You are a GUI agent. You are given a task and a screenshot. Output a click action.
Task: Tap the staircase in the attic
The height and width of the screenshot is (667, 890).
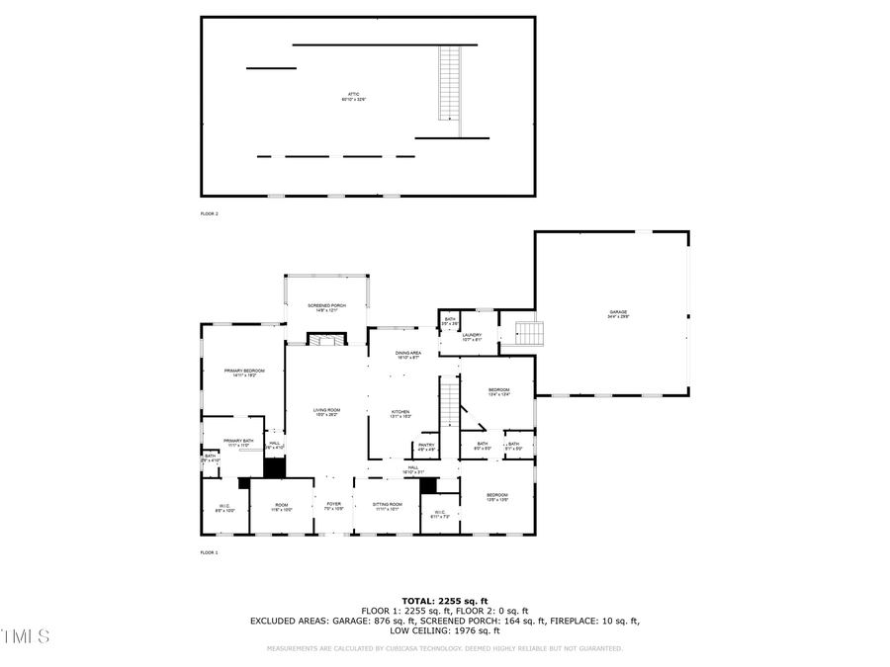pyautogui.click(x=450, y=83)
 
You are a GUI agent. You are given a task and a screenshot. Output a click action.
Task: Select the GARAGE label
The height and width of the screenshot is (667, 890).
pyautogui.click(x=617, y=314)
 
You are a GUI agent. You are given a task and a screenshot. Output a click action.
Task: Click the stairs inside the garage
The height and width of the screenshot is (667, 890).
pyautogui.click(x=530, y=333)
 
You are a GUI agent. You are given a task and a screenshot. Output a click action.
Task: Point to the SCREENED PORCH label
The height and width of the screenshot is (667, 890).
pyautogui.click(x=326, y=307)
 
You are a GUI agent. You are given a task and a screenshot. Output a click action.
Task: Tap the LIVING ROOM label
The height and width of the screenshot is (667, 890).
pyautogui.click(x=326, y=412)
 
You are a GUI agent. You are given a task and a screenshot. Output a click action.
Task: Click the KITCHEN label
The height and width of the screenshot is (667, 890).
pyautogui.click(x=400, y=414)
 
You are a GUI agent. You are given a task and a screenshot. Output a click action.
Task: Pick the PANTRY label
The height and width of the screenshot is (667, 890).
pyautogui.click(x=426, y=447)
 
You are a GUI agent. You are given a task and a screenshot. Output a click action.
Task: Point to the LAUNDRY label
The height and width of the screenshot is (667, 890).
pyautogui.click(x=472, y=336)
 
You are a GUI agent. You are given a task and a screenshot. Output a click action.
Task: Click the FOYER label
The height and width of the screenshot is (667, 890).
pyautogui.click(x=333, y=506)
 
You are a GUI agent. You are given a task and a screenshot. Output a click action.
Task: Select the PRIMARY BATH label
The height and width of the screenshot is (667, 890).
pyautogui.click(x=238, y=443)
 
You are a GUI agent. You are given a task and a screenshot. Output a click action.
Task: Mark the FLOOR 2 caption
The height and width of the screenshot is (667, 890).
pyautogui.click(x=209, y=213)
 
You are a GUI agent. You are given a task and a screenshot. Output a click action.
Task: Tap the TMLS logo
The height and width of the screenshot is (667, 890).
pyautogui.click(x=26, y=635)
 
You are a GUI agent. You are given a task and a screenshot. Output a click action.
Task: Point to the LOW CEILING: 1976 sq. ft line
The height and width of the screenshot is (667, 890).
pyautogui.click(x=444, y=630)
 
